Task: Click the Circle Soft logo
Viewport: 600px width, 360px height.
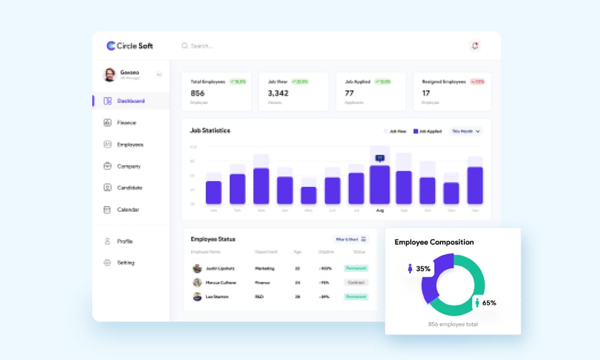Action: [x=130, y=46]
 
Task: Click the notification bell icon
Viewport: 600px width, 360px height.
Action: [x=475, y=46]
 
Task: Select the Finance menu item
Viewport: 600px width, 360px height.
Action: [x=126, y=122]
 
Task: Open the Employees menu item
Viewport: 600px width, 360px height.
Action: [x=130, y=145]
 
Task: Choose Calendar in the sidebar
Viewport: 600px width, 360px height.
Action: [x=128, y=209]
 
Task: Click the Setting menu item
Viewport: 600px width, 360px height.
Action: [x=125, y=263]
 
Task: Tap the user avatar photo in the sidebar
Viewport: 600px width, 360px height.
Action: [x=110, y=74]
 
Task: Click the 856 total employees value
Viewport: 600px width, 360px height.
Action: [x=197, y=93]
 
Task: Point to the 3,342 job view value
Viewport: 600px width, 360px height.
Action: [x=278, y=93]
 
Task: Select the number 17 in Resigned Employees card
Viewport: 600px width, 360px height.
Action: [x=426, y=93]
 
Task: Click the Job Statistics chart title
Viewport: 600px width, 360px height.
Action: [x=210, y=130]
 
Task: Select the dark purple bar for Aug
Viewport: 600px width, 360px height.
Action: [x=380, y=185]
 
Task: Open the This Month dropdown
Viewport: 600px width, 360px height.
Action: [x=466, y=131]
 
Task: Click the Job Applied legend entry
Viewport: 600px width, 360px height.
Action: [x=427, y=131]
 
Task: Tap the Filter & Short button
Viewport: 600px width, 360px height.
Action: [x=351, y=239]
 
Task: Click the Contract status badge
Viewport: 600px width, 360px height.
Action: [x=356, y=282]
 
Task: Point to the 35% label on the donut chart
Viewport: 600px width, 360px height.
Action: [x=423, y=269]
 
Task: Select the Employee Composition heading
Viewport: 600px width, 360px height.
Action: [x=434, y=242]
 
